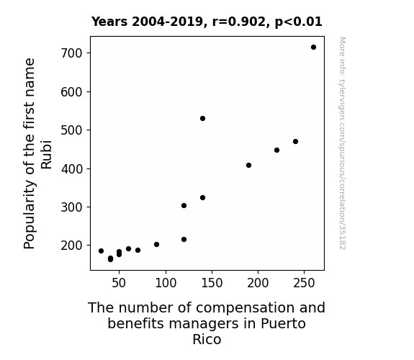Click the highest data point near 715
pyautogui.click(x=313, y=48)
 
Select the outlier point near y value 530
pyautogui.click(x=202, y=118)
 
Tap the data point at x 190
pyautogui.click(x=248, y=166)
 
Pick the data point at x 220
pyautogui.click(x=276, y=150)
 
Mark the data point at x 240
pyautogui.click(x=295, y=142)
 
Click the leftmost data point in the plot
pyautogui.click(x=101, y=251)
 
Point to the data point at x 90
pyautogui.click(x=156, y=245)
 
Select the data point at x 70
pyautogui.click(x=138, y=250)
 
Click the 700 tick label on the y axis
pyautogui.click(x=71, y=53)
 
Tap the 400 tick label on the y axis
pyautogui.click(x=71, y=169)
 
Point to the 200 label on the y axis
pyautogui.click(x=71, y=246)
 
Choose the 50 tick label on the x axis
pyautogui.click(x=119, y=283)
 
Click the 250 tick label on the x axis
pyautogui.click(x=304, y=283)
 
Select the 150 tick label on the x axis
pyautogui.click(x=212, y=283)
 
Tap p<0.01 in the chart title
pyautogui.click(x=298, y=22)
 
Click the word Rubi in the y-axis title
pyautogui.click(x=46, y=155)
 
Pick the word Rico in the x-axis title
pyautogui.click(x=207, y=339)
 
